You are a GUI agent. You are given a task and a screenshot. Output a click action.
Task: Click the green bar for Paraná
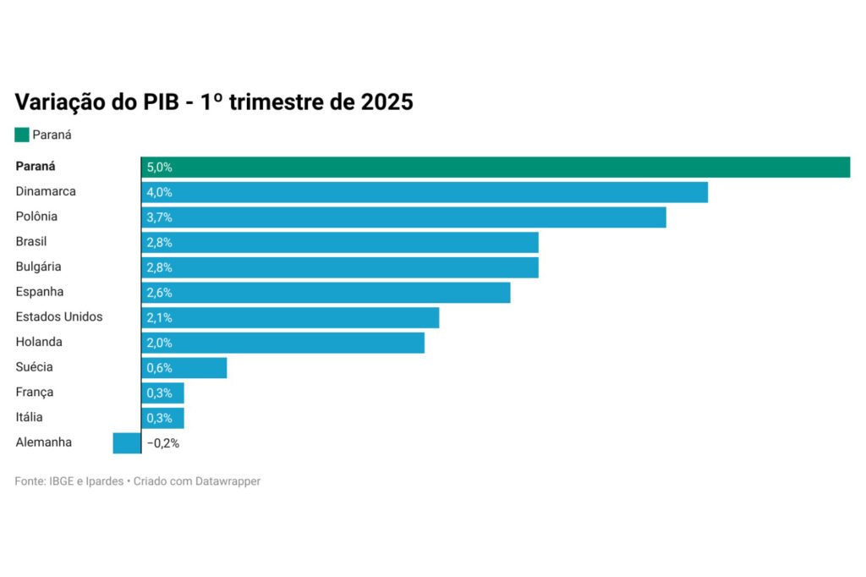tap(496, 168)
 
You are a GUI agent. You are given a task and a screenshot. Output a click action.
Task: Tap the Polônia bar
tap(403, 217)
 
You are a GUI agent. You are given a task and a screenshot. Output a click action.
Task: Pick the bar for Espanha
tap(326, 293)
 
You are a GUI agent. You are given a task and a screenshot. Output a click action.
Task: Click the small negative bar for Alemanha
tap(127, 442)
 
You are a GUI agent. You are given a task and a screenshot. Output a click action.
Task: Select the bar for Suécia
tap(184, 367)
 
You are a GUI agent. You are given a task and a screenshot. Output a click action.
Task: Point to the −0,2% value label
tap(163, 442)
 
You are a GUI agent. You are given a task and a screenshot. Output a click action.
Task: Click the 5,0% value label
tap(159, 168)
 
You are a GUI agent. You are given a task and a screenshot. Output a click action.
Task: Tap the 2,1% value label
tap(159, 317)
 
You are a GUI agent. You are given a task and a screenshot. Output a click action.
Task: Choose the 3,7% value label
tap(159, 217)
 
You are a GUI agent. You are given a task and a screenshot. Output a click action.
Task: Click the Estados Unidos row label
tap(59, 316)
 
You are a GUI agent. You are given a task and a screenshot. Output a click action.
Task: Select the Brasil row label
tap(31, 241)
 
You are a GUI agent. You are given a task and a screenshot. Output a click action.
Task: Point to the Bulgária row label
tap(38, 267)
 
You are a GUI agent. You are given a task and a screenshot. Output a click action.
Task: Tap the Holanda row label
tap(39, 342)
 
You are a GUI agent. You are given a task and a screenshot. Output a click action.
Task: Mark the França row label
tap(35, 392)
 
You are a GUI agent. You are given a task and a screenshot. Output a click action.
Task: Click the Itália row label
tap(29, 417)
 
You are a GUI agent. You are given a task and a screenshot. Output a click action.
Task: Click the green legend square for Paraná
tap(22, 135)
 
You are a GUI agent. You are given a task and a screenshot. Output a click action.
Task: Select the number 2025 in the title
tap(386, 102)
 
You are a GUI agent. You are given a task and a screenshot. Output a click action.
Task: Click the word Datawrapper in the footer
tap(228, 481)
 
